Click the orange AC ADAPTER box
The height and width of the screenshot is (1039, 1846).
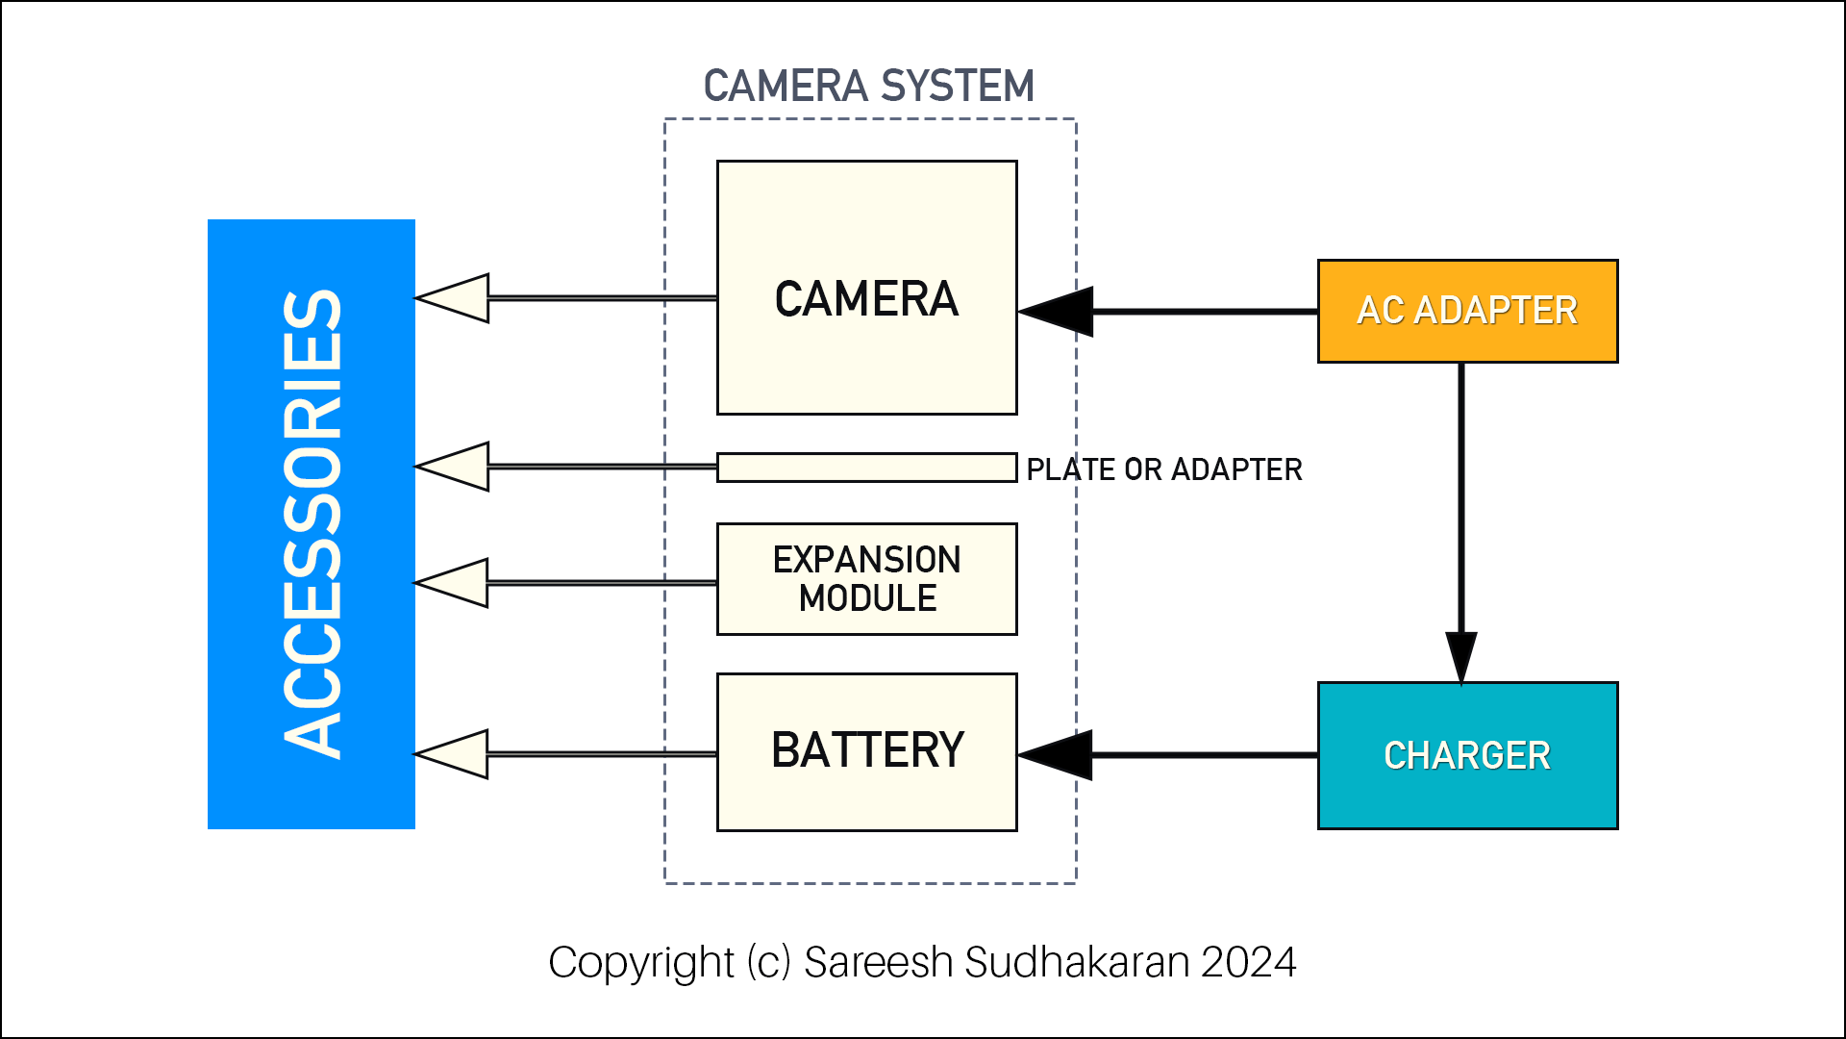1467,311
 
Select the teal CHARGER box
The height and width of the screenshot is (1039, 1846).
1467,755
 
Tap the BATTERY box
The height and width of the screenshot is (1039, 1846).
866,751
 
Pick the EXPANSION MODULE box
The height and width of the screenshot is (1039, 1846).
866,578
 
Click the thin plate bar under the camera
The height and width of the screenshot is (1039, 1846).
866,468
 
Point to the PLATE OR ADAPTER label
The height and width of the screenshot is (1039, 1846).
1163,469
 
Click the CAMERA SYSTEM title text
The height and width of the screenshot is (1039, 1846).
868,86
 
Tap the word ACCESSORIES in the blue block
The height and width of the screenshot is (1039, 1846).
312,524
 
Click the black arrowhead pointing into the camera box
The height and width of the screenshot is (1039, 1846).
1058,312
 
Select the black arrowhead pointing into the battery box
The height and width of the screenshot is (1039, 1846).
1058,755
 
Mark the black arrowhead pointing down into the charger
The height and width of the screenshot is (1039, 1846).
1461,657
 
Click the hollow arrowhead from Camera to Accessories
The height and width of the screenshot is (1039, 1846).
455,298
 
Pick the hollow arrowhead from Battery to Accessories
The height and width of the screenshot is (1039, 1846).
454,754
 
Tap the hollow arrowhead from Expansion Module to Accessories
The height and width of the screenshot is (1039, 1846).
454,583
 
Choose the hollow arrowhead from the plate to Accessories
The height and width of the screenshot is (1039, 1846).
455,467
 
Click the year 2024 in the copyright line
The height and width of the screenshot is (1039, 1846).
1248,962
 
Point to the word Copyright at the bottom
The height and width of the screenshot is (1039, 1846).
641,962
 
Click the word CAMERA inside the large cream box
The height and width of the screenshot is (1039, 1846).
866,299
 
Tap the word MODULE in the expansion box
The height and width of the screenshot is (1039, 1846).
867,598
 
